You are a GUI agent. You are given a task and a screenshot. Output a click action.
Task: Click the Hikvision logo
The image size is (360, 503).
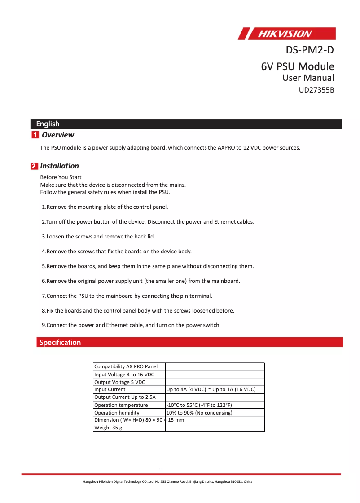click(286, 34)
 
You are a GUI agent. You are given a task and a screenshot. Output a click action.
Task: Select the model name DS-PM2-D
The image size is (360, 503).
click(310, 49)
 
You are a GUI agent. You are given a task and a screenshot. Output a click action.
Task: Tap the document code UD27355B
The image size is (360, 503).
click(316, 90)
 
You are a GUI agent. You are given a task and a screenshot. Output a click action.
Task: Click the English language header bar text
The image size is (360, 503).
click(48, 124)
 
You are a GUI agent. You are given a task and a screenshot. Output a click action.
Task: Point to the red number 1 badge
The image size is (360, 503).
click(35, 135)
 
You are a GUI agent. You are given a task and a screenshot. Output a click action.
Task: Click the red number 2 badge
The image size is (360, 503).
click(35, 166)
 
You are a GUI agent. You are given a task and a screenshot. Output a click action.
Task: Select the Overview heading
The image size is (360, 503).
click(57, 135)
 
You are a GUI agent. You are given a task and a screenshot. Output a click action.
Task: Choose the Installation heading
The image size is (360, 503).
click(59, 166)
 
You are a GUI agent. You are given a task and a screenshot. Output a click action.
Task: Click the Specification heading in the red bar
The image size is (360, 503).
click(60, 343)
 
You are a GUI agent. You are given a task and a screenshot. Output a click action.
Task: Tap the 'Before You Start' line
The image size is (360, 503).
click(61, 177)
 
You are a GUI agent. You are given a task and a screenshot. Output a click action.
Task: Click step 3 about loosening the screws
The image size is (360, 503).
click(98, 236)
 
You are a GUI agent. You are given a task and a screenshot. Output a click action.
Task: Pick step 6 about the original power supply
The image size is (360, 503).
click(141, 281)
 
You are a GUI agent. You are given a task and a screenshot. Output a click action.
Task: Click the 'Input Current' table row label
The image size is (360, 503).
click(110, 390)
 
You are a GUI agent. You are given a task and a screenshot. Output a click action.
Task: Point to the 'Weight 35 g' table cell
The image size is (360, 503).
click(108, 428)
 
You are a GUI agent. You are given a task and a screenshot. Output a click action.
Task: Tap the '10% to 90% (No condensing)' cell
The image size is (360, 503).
click(199, 413)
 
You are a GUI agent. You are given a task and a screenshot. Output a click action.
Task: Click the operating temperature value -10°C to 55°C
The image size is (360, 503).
click(199, 405)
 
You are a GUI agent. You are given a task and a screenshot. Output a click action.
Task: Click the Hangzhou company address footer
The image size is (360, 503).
click(167, 482)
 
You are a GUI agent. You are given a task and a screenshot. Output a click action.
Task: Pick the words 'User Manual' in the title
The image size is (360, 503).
click(308, 78)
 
